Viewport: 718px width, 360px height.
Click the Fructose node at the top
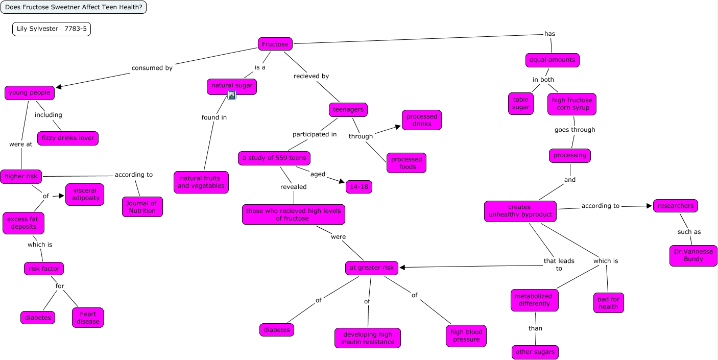pyautogui.click(x=275, y=44)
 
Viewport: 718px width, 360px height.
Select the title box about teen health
pyautogui.click(x=74, y=7)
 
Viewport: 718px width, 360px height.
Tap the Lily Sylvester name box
pyautogui.click(x=52, y=29)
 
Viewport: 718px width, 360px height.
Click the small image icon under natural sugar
pyautogui.click(x=232, y=95)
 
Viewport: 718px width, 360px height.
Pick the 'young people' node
pyautogui.click(x=30, y=92)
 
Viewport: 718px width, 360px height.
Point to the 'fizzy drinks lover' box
pyautogui.click(x=68, y=138)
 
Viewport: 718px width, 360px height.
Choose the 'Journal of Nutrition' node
pyautogui.click(x=142, y=207)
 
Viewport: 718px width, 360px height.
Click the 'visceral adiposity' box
pyautogui.click(x=85, y=194)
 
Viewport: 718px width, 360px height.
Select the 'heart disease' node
pyautogui.click(x=88, y=318)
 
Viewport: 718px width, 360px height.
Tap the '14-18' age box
pyautogui.click(x=359, y=186)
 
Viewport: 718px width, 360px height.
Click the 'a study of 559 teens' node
pyautogui.click(x=274, y=158)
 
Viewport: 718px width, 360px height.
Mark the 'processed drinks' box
pyautogui.click(x=422, y=120)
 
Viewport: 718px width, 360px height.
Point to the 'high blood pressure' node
pyautogui.click(x=466, y=336)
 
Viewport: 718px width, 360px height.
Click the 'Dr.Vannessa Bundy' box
pyautogui.click(x=693, y=255)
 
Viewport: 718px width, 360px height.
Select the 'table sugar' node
pyautogui.click(x=521, y=104)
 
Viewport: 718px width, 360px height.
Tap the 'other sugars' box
pyautogui.click(x=535, y=352)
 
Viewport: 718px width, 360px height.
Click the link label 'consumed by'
pyautogui.click(x=152, y=68)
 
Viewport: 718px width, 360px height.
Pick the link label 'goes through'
pyautogui.click(x=575, y=130)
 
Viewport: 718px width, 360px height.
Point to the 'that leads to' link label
pyautogui.click(x=559, y=265)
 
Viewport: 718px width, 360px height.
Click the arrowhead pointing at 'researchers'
pyautogui.click(x=650, y=206)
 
